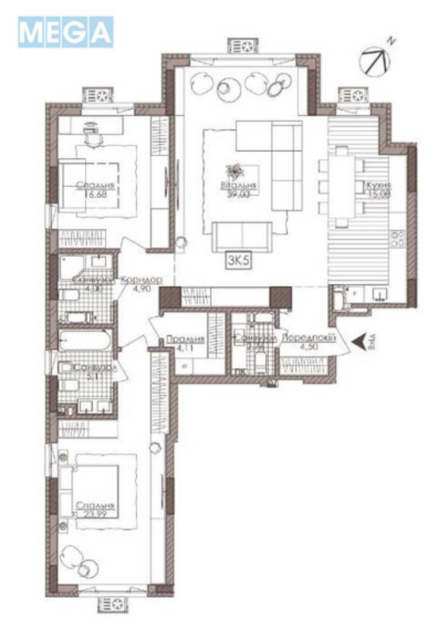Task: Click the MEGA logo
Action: pyautogui.click(x=65, y=33)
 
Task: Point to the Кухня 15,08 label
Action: pyautogui.click(x=376, y=188)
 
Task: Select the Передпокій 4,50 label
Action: pyautogui.click(x=306, y=340)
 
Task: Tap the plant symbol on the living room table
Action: pyautogui.click(x=236, y=171)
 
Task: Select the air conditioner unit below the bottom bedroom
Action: pyautogui.click(x=112, y=605)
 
